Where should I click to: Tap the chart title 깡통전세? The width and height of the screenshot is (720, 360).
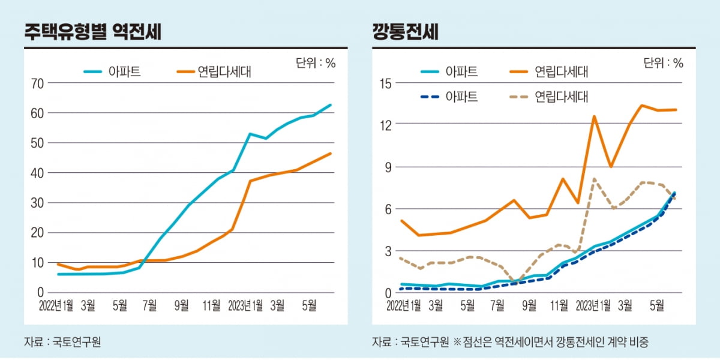coord(406,32)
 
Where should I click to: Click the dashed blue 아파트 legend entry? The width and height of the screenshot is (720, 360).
coord(449,97)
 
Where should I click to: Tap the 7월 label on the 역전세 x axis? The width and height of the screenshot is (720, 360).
coord(149,306)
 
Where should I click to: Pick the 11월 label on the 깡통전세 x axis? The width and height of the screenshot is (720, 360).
coord(559,306)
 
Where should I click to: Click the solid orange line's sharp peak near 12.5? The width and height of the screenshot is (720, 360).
coord(594,116)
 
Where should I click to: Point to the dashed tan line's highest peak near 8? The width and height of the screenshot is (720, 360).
coord(594,179)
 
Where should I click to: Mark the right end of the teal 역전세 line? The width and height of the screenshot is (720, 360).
coord(330,105)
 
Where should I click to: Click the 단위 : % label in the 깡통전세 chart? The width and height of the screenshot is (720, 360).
coord(663,63)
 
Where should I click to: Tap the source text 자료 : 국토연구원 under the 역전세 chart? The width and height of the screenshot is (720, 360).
coord(62,343)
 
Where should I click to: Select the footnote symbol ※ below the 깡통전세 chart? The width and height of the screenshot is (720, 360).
coord(457,343)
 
